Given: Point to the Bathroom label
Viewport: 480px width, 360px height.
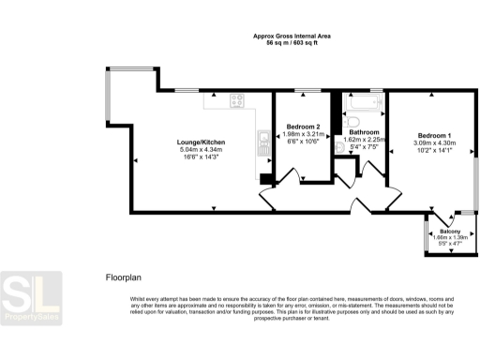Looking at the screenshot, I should coord(364,132).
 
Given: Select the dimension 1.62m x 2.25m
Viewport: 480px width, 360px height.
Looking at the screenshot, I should coord(364,140).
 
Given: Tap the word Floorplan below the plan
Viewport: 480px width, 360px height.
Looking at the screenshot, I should coord(123,278).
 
